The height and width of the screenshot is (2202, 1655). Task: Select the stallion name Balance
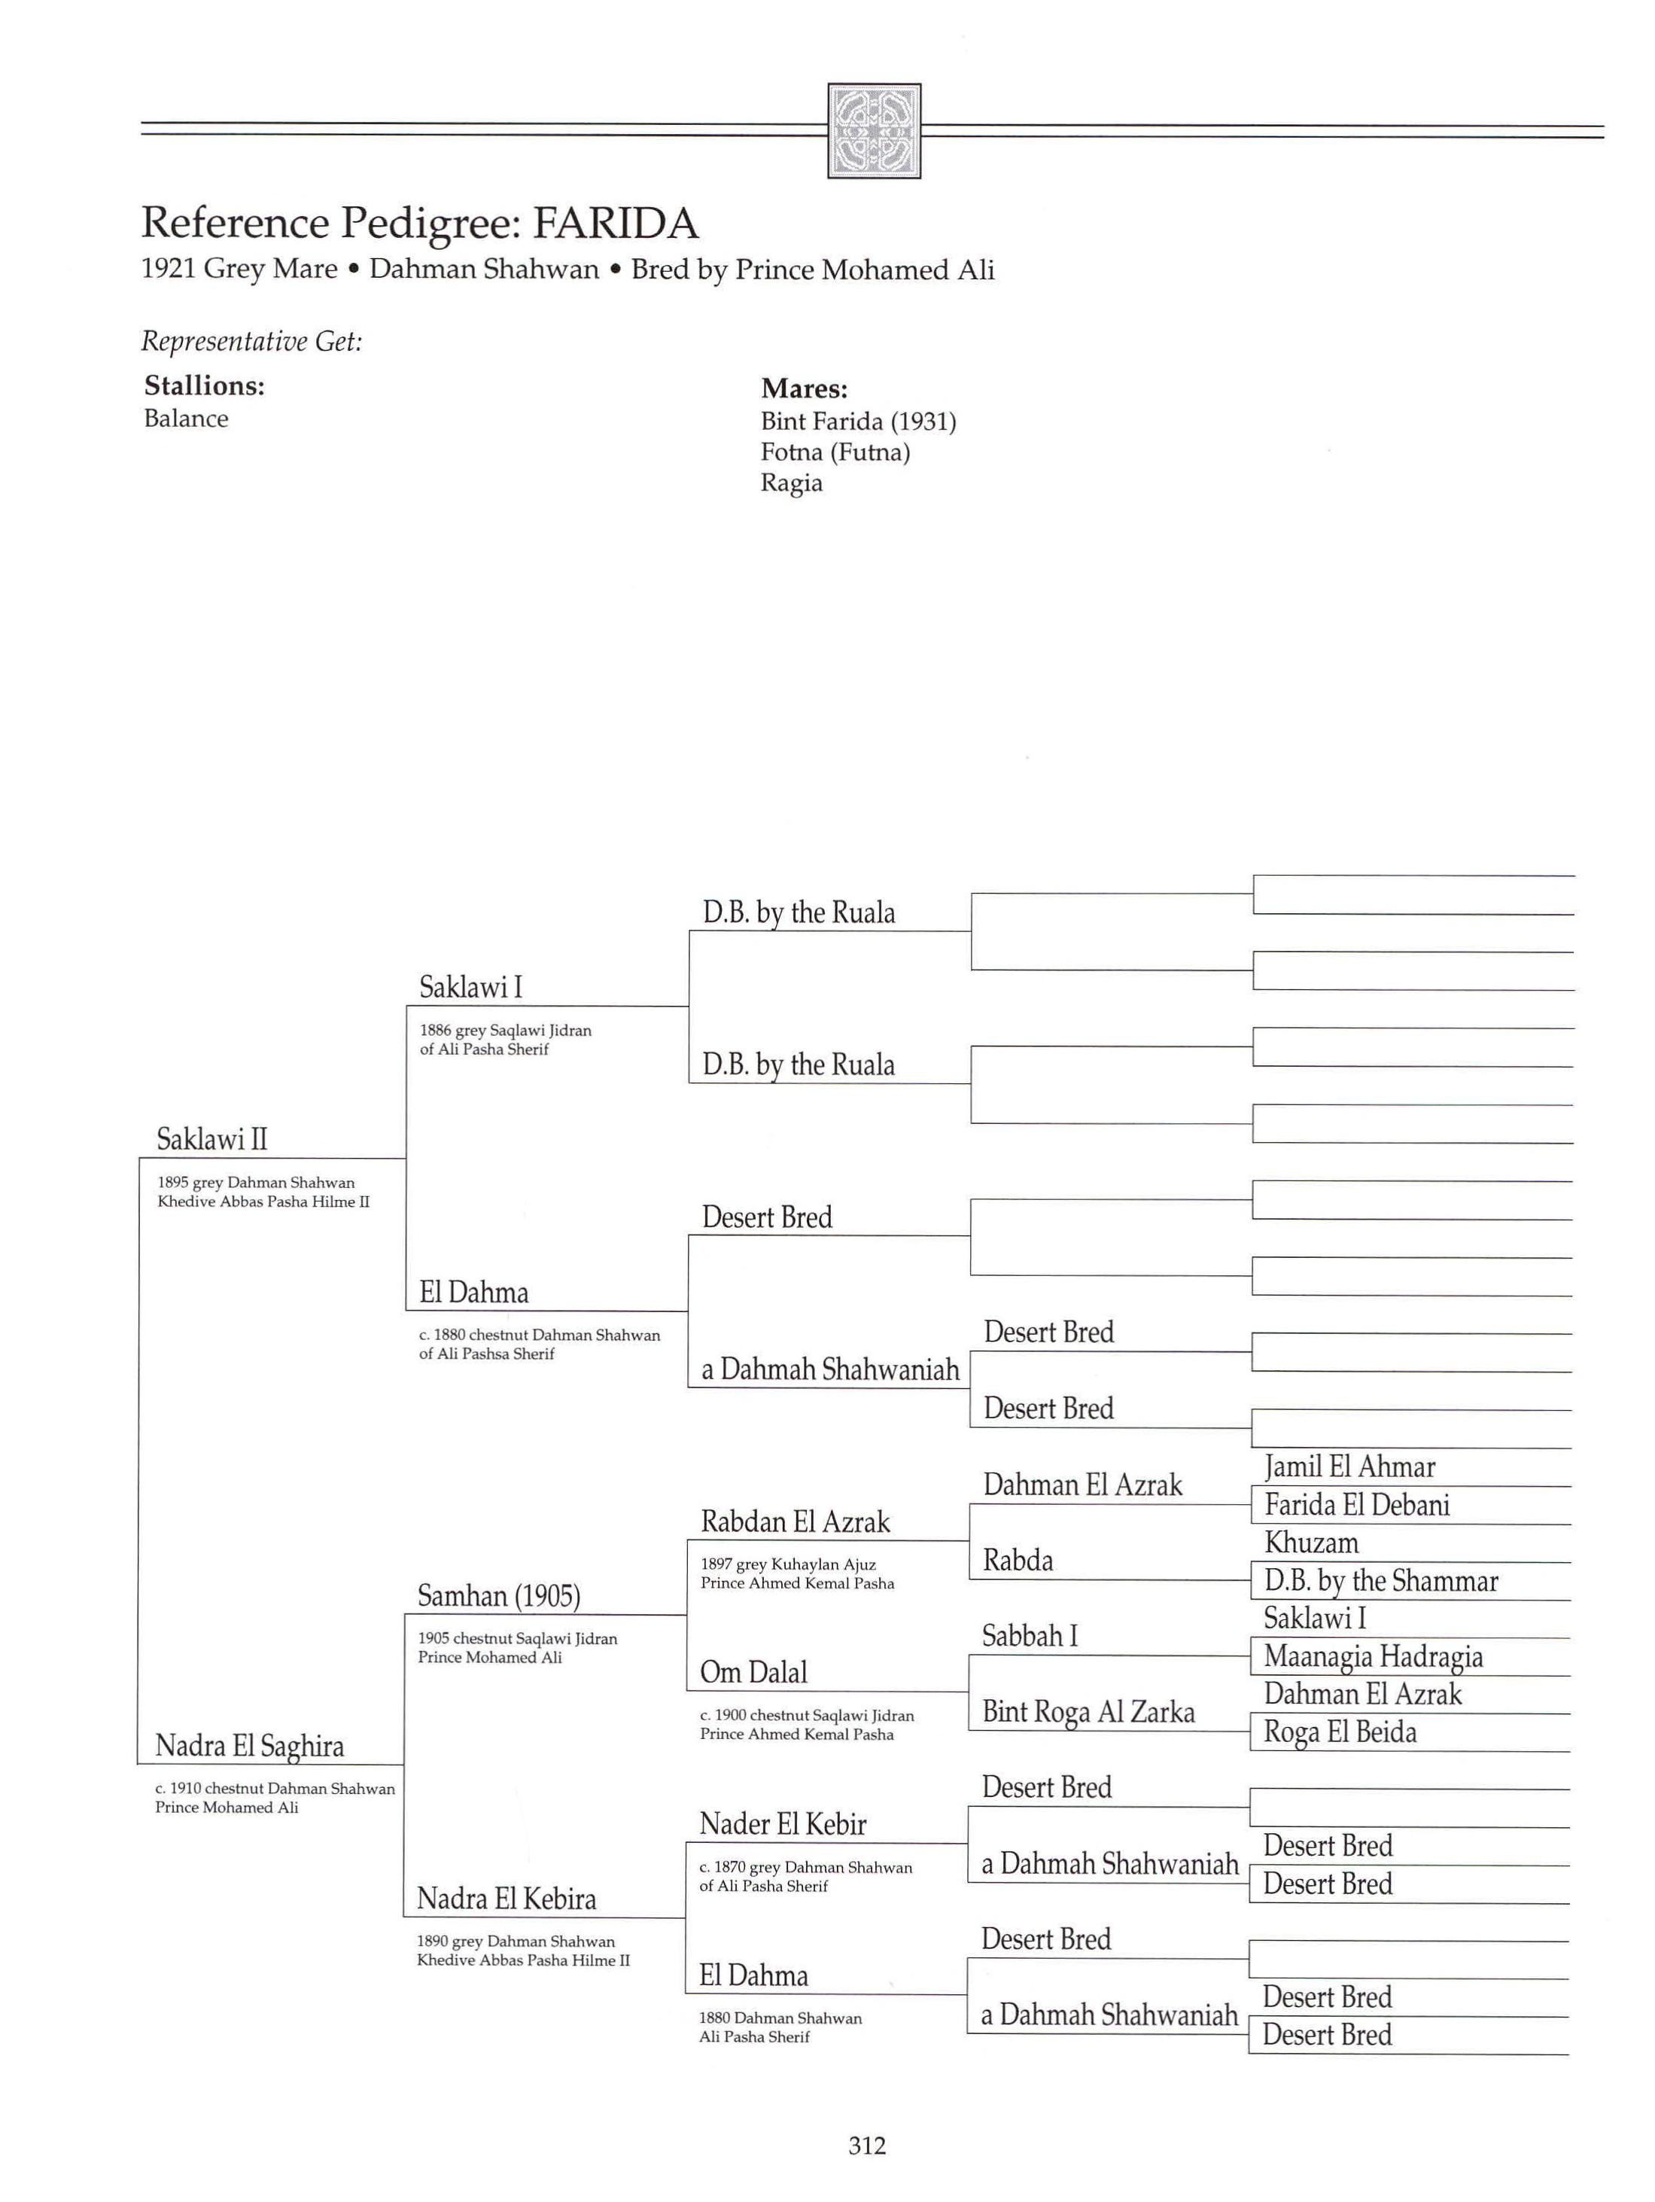coord(185,419)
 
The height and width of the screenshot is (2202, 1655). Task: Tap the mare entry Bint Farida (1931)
coord(858,422)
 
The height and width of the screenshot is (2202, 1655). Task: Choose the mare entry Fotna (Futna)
coord(835,453)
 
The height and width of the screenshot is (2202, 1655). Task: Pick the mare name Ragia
coord(791,484)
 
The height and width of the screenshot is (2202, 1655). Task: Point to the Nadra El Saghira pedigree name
coord(249,1746)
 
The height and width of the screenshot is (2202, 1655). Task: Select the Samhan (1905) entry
coord(498,1597)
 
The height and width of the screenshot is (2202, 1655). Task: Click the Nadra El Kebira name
coord(506,1899)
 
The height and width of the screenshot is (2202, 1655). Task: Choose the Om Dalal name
coord(753,1673)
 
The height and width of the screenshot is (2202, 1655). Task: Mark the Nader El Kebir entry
coord(782,1825)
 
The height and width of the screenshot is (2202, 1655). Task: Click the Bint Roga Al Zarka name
coord(1088,1712)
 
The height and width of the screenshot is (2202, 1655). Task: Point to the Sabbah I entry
coord(1029,1637)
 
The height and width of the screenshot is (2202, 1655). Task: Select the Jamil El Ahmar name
coord(1349,1467)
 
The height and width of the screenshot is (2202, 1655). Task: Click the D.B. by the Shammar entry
coord(1380,1581)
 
